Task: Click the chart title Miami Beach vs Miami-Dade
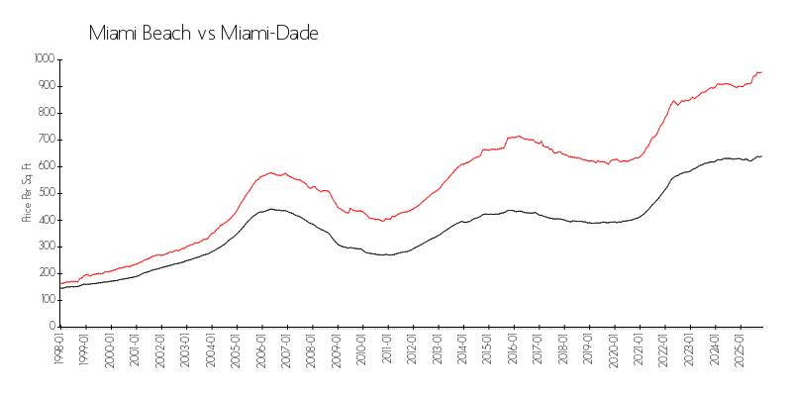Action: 203,33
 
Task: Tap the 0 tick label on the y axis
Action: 51,326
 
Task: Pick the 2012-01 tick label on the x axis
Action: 411,351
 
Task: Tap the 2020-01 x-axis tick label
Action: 613,351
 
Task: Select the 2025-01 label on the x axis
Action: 739,351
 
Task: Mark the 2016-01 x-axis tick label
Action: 512,351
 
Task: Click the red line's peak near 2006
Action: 270,172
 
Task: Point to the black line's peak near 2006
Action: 270,209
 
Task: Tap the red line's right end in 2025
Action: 761,71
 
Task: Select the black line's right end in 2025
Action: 761,155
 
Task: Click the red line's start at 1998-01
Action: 60,283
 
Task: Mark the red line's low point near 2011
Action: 383,221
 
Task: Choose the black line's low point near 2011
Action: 387,255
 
